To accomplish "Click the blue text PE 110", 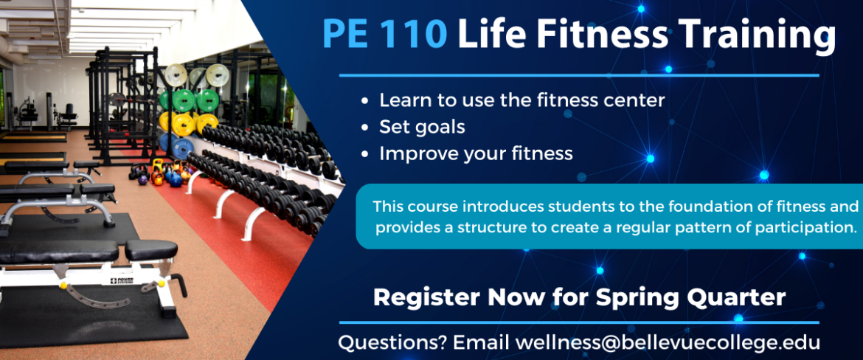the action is [x=385, y=33].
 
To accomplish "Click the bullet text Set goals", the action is [x=422, y=127].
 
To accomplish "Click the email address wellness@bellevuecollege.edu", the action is [x=668, y=342].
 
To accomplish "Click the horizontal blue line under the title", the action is [x=579, y=75].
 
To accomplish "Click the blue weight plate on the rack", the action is [x=183, y=147].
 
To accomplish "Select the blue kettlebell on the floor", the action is [x=176, y=180].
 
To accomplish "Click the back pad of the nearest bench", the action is [x=59, y=252].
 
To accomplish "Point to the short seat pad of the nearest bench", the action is [x=150, y=249].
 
